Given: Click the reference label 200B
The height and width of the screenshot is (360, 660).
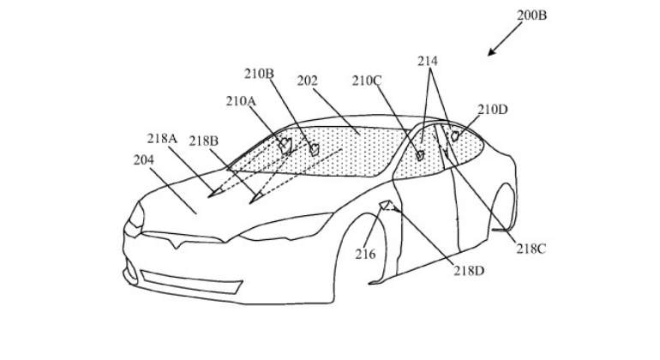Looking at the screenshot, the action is [531, 15].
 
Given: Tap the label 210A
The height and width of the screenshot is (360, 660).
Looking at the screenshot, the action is [241, 101].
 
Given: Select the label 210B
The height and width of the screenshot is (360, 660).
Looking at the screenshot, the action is [259, 74].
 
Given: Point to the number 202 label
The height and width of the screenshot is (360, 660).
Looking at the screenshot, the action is [307, 81].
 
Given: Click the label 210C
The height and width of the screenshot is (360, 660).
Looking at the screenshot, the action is [367, 81].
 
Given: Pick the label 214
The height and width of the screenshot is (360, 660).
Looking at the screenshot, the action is [428, 62].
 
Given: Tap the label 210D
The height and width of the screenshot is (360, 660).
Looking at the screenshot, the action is [493, 110].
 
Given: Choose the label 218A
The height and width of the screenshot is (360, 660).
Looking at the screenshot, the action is [162, 138].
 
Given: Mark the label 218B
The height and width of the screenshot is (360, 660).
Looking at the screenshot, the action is [203, 141].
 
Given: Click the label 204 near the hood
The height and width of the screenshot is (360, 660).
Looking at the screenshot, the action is [144, 160].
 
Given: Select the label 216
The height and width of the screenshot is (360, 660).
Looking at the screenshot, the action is [365, 255].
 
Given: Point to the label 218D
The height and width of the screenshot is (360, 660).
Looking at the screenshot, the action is [469, 271].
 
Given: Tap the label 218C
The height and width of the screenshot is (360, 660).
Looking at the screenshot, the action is [531, 249].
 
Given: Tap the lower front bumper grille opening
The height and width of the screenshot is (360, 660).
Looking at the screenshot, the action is [191, 282].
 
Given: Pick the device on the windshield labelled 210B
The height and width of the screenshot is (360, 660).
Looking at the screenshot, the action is [315, 149].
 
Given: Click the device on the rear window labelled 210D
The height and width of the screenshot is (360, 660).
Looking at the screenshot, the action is [454, 136].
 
